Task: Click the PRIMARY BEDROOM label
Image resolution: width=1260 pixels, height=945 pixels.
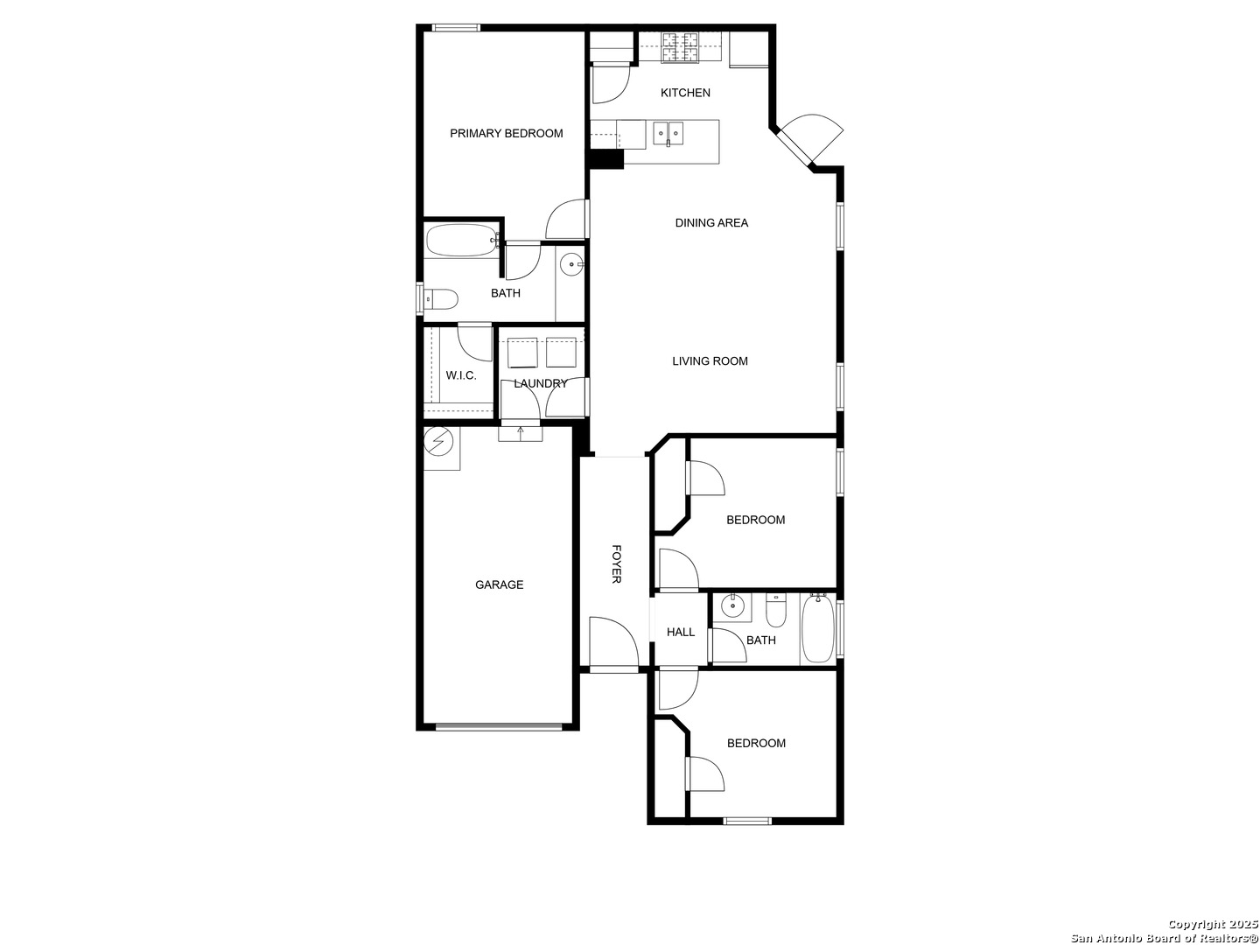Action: [506, 134]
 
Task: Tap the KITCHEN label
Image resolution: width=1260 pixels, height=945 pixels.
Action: [685, 93]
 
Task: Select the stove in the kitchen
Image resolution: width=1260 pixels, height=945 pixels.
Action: [680, 47]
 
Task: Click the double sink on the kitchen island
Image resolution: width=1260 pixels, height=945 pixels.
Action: [668, 134]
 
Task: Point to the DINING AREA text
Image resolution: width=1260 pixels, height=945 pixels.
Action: [711, 223]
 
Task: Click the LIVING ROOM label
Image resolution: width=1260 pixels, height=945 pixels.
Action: [710, 361]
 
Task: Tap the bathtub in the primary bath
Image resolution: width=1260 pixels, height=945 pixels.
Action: [459, 241]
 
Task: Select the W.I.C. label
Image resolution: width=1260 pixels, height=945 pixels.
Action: [461, 376]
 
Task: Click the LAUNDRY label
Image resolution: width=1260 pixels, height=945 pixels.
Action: [541, 383]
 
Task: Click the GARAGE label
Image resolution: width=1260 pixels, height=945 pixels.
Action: [499, 584]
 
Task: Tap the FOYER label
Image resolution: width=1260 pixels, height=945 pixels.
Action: [616, 564]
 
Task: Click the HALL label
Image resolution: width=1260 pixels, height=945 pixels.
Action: [681, 633]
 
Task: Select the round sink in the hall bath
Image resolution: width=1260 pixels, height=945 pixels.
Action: [732, 605]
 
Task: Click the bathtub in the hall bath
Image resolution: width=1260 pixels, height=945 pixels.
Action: [818, 629]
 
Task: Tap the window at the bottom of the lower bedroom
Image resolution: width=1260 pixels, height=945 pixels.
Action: [747, 821]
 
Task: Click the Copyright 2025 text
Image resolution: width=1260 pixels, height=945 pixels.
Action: [1213, 925]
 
